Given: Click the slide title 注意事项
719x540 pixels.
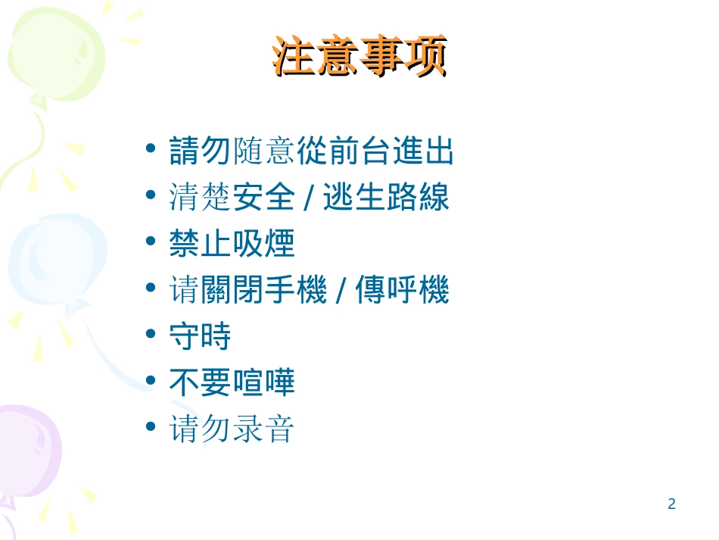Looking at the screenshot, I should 359,59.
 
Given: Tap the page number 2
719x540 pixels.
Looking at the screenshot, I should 671,504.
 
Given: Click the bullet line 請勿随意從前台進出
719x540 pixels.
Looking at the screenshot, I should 311,151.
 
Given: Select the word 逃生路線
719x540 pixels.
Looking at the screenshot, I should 386,198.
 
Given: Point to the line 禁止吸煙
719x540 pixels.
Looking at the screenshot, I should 232,245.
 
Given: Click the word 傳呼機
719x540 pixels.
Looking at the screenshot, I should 402,291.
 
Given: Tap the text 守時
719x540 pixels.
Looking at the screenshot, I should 200,337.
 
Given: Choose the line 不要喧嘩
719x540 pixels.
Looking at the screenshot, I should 232,383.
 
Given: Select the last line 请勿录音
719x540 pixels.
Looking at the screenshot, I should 232,430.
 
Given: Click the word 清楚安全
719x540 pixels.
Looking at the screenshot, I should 232,198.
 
